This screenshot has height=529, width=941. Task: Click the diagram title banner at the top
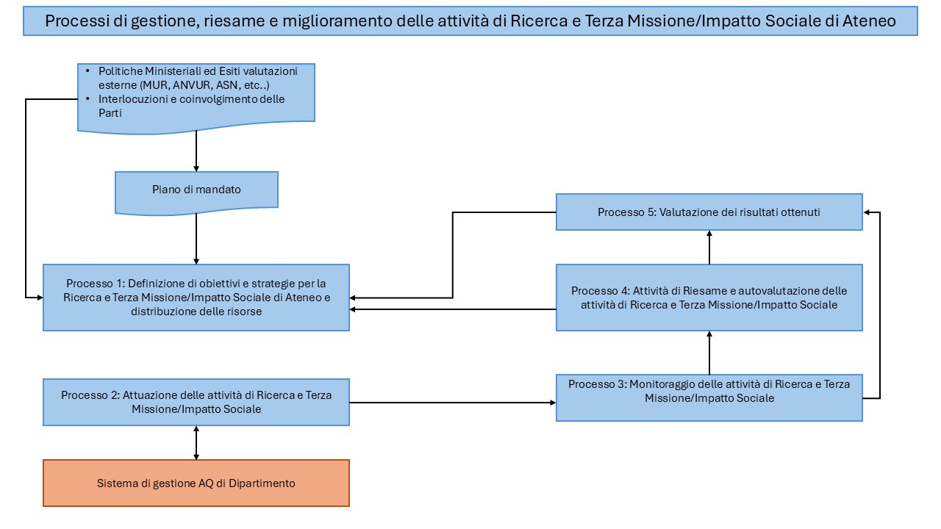(470, 21)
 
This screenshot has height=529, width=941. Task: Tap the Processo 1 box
(196, 298)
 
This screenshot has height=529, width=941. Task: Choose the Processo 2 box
(196, 402)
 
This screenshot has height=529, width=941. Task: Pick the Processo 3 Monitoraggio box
(709, 397)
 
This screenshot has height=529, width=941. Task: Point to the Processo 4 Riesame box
(709, 298)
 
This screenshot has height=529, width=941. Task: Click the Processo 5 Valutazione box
(709, 212)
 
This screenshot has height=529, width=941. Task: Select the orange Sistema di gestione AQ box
(196, 483)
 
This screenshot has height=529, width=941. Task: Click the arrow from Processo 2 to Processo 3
(452, 403)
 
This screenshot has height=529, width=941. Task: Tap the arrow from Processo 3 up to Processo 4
(709, 353)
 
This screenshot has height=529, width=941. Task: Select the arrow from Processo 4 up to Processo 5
(709, 248)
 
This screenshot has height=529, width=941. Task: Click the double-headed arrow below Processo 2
(196, 442)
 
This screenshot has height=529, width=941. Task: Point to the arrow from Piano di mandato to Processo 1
(196, 239)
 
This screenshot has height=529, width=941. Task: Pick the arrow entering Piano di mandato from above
(196, 151)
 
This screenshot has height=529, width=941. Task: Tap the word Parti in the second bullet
(110, 113)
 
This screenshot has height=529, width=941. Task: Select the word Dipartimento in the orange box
(262, 483)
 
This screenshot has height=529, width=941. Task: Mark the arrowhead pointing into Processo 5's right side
(866, 212)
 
